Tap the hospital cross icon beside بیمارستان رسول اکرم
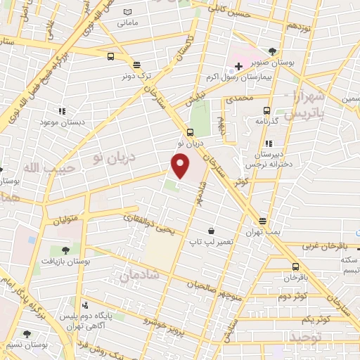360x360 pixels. pos(238,67)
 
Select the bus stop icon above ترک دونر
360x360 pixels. pos(110,57)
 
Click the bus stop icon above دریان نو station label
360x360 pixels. pos(190,131)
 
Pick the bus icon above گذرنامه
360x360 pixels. pos(266,110)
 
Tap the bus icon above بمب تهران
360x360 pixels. pos(262,220)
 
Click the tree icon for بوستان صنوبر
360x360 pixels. pos(272,51)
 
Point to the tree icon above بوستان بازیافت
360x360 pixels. pos(65,249)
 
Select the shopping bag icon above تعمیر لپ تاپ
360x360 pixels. pos(211,230)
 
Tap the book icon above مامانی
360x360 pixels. pos(127,12)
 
